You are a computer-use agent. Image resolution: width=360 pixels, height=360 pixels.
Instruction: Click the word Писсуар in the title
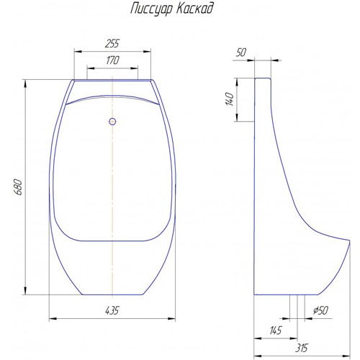(x=152, y=9)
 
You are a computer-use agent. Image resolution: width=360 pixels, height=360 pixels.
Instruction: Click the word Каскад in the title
(x=195, y=8)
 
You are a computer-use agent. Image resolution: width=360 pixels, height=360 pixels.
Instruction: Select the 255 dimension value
(x=112, y=43)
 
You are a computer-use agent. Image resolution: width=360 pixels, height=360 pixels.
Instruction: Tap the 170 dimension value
(x=112, y=60)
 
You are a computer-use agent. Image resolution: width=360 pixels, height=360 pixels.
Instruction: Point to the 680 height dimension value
(x=18, y=187)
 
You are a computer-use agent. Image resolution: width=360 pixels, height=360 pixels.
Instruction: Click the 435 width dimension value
(x=112, y=310)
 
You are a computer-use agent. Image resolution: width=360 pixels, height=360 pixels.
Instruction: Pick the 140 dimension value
(x=230, y=99)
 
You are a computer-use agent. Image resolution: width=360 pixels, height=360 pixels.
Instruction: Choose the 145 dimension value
(x=275, y=330)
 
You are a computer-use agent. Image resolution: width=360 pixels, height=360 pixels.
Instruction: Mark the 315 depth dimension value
(x=302, y=348)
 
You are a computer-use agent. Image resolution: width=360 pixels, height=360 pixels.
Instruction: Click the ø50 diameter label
(x=320, y=310)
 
